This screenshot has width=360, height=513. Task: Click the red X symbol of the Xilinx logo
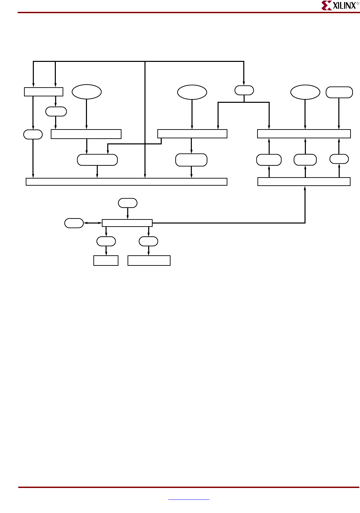coord(326,5)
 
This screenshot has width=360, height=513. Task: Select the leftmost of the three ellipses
coord(87,92)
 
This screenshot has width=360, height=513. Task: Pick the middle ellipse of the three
coord(192,92)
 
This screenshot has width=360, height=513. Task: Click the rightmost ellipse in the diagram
coord(305,92)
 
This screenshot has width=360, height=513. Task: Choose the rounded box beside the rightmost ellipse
coord(339,92)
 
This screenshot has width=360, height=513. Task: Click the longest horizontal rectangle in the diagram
coord(126,182)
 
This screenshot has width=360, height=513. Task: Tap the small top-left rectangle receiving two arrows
coord(44,92)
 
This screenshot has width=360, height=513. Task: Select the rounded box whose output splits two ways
coord(244,90)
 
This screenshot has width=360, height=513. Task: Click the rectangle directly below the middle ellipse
coord(192,134)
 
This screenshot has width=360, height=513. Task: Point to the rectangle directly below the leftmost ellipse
coord(86,134)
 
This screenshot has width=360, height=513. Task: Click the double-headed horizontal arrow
coord(93,223)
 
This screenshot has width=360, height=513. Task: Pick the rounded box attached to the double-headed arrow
coord(74,223)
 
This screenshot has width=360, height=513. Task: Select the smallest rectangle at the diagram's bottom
coord(106,260)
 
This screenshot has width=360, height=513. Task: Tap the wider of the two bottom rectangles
coord(149,260)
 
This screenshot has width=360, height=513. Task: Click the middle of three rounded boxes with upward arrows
coord(305,160)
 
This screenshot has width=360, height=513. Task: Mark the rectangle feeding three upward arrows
coord(304,182)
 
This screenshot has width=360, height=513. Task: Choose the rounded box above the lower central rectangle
coord(128,203)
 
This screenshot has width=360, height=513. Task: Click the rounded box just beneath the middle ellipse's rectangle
coord(191,160)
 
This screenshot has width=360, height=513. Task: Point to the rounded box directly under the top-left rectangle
coord(56,111)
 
